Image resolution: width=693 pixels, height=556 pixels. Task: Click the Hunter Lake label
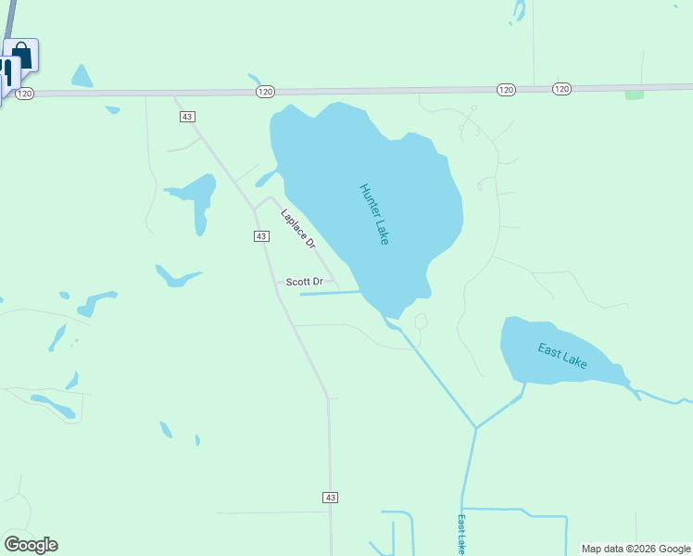click(374, 214)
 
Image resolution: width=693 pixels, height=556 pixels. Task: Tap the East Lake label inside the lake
click(562, 356)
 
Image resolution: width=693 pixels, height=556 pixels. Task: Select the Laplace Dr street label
click(298, 229)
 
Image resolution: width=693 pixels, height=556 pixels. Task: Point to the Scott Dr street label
click(305, 282)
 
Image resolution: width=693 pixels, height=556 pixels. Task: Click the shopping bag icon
click(22, 56)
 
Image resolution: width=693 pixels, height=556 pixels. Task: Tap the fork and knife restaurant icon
click(7, 72)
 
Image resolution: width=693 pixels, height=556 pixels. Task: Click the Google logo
click(31, 545)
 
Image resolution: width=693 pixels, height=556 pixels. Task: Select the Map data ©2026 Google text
click(636, 549)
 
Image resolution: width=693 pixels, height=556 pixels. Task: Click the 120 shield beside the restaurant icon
click(25, 94)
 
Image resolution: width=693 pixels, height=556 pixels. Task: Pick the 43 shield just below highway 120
click(188, 116)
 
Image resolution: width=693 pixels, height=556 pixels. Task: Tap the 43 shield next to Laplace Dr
click(261, 236)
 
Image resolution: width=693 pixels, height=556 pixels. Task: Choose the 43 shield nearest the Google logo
click(330, 498)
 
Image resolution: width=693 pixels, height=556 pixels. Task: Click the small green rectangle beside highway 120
click(635, 95)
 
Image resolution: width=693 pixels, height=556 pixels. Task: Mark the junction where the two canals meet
click(476, 428)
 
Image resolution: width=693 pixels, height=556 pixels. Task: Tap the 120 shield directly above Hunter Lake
click(266, 91)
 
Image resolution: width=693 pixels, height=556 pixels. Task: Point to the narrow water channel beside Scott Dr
click(329, 294)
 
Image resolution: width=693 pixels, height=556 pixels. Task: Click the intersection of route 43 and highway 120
click(175, 94)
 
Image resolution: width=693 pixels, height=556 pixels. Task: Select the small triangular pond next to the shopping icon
click(82, 77)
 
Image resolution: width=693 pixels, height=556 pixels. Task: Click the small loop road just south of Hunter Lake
click(421, 322)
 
